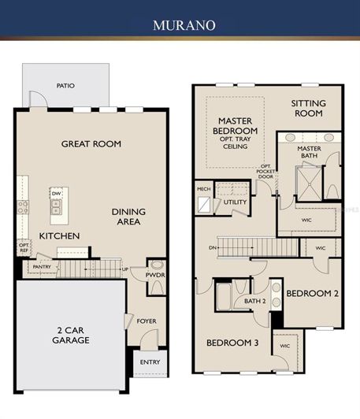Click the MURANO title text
tap(180, 25)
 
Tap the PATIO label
tap(65, 86)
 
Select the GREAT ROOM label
tap(91, 143)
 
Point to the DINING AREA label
tap(126, 217)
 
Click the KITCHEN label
tap(60, 235)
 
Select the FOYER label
tap(147, 321)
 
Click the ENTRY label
tap(150, 362)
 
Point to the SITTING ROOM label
tap(307, 109)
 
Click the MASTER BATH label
tap(309, 153)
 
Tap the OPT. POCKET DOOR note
tap(266, 171)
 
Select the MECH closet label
tap(203, 189)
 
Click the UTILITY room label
tap(235, 202)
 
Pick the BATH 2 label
tap(254, 301)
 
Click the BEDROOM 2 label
tap(312, 293)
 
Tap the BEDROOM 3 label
tap(232, 343)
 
